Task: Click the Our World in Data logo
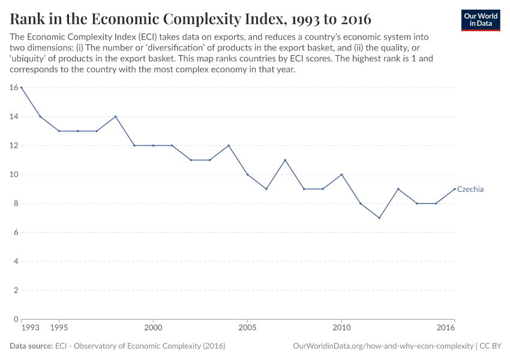[x=480, y=20]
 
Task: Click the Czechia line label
[x=470, y=189]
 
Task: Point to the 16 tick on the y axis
[x=14, y=88]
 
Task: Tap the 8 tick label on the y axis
[x=16, y=203]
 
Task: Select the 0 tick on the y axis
[x=16, y=319]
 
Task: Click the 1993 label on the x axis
[x=29, y=328]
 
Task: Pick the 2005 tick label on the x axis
[x=247, y=328]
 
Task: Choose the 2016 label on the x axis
[x=446, y=328]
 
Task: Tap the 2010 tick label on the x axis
[x=341, y=328]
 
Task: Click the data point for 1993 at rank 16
[x=22, y=88]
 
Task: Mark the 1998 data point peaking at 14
[x=115, y=116]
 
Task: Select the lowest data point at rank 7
[x=379, y=218]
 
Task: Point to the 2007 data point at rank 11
[x=285, y=160]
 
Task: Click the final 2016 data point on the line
[x=454, y=189]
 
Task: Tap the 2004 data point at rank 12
[x=229, y=145]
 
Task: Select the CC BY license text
[x=490, y=346]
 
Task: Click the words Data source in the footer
[x=31, y=346]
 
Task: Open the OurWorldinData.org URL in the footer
[x=382, y=346]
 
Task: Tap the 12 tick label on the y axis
[x=14, y=145]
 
